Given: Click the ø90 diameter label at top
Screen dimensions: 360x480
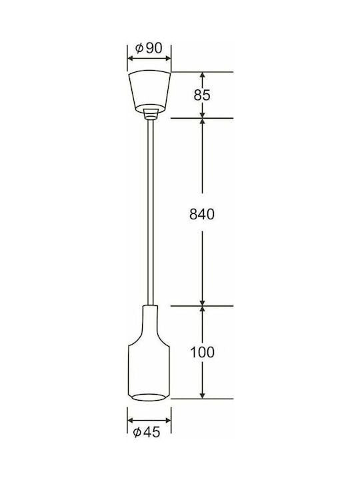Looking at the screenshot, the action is [149, 49].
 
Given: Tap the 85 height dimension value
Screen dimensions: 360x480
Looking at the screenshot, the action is [202, 95].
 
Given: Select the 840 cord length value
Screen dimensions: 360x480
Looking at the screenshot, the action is [202, 214].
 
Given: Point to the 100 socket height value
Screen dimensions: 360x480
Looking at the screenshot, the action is [203, 353].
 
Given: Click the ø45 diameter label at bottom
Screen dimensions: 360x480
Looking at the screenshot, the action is [147, 432].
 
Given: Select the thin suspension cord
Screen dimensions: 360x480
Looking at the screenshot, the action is [150, 212].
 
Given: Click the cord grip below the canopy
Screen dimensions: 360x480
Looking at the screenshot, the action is [150, 113].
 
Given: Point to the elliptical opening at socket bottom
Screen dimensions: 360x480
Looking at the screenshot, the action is [149, 397].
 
